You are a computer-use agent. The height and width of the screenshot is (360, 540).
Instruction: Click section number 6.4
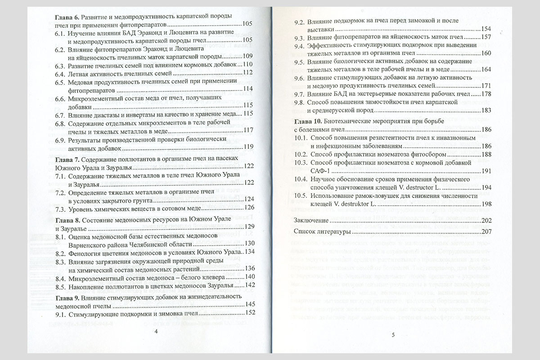click(61, 72)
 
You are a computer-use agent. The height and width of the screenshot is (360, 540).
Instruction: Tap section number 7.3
click(61, 207)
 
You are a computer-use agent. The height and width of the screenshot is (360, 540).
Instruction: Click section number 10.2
click(302, 154)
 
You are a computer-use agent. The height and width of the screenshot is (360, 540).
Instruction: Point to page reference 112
click(249, 73)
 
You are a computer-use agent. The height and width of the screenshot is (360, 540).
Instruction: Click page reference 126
click(249, 208)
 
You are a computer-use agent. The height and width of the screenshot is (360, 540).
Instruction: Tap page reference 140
click(249, 277)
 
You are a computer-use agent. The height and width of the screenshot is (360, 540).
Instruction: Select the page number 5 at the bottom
click(392, 334)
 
